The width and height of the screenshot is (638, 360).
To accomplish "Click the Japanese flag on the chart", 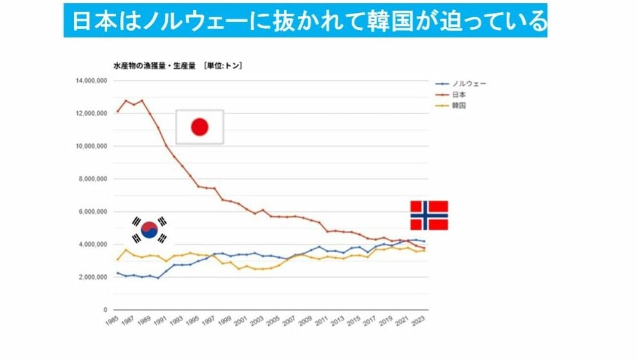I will [x=200, y=126].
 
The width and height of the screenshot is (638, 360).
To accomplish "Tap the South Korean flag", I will [x=149, y=230].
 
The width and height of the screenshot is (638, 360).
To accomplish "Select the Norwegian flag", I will [x=428, y=215].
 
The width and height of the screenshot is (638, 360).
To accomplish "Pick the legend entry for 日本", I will [x=459, y=94].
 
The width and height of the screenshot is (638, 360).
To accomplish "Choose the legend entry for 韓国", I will [x=459, y=105].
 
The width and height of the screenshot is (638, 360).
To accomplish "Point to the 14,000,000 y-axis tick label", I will [x=90, y=81].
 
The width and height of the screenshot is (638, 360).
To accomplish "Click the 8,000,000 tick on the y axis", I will [x=92, y=179].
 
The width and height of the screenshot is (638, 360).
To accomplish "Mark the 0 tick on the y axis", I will [x=104, y=310].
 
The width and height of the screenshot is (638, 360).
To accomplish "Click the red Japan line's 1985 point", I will [x=117, y=112].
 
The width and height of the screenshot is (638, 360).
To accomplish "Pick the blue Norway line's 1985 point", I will [x=117, y=273].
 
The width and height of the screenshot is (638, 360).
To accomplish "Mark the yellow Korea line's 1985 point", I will [x=117, y=259].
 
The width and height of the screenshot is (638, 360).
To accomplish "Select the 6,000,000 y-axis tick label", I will [x=92, y=212].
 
